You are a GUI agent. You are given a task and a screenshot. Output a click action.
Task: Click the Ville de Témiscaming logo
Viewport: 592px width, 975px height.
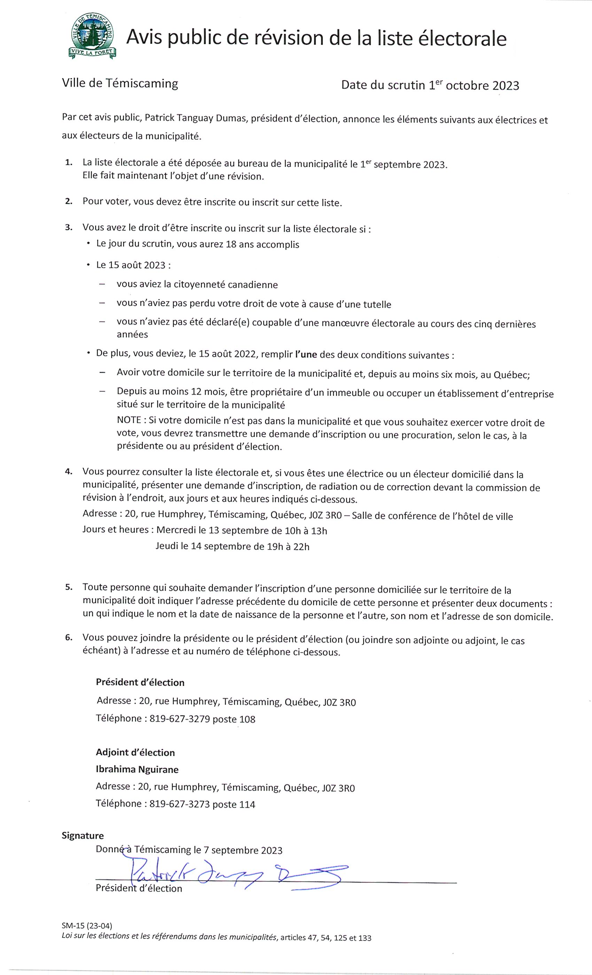(x=91, y=36)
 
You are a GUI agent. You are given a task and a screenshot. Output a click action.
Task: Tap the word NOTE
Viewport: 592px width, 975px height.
(x=129, y=420)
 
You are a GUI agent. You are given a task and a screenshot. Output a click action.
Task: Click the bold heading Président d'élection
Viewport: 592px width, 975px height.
(x=140, y=682)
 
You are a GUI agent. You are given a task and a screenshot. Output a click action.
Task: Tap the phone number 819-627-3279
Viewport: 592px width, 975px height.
(x=180, y=719)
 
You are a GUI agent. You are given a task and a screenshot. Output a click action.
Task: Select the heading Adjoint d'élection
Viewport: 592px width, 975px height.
(x=135, y=752)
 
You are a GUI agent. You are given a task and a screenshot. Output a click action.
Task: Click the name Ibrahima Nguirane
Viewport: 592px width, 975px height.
(x=137, y=769)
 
